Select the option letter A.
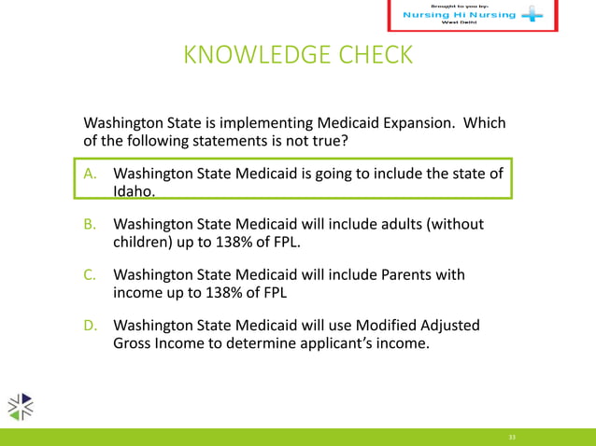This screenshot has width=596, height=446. click(92, 174)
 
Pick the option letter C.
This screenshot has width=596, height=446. click(92, 274)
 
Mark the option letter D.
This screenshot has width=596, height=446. click(92, 325)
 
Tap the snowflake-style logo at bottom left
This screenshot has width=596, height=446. click(21, 406)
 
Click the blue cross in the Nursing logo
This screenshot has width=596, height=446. click(531, 16)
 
